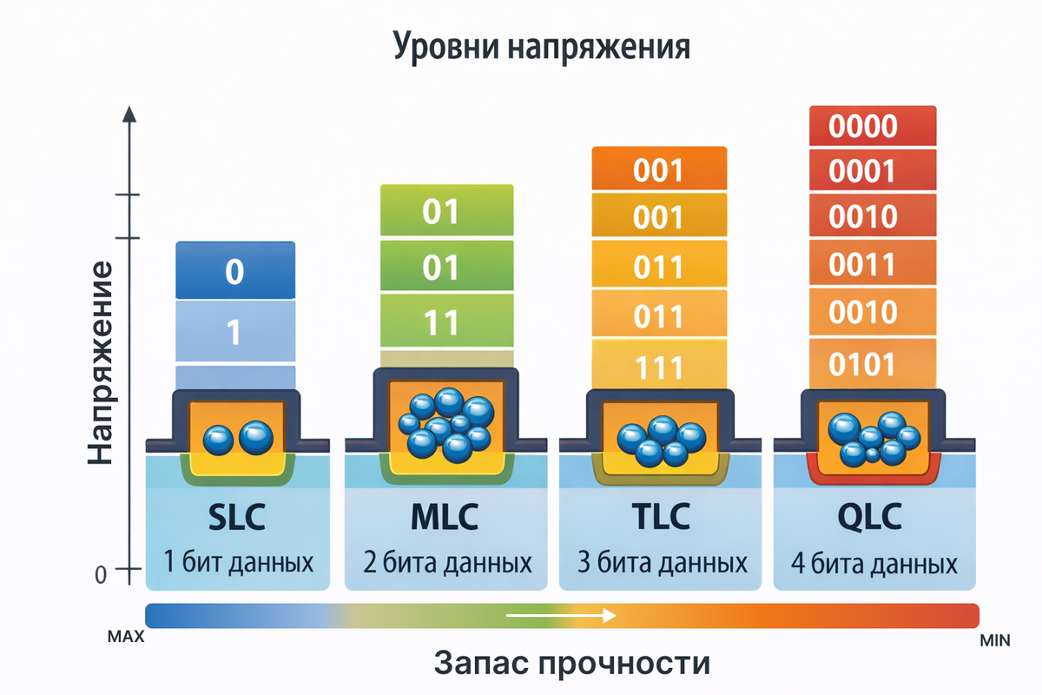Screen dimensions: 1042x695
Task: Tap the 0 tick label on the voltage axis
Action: (x=100, y=574)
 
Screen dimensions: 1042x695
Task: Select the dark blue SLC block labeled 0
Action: (x=234, y=272)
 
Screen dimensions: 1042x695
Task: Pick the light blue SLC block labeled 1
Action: (x=234, y=331)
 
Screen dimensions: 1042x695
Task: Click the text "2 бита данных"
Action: (x=447, y=563)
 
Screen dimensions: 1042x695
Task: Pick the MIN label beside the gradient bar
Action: (x=994, y=641)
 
